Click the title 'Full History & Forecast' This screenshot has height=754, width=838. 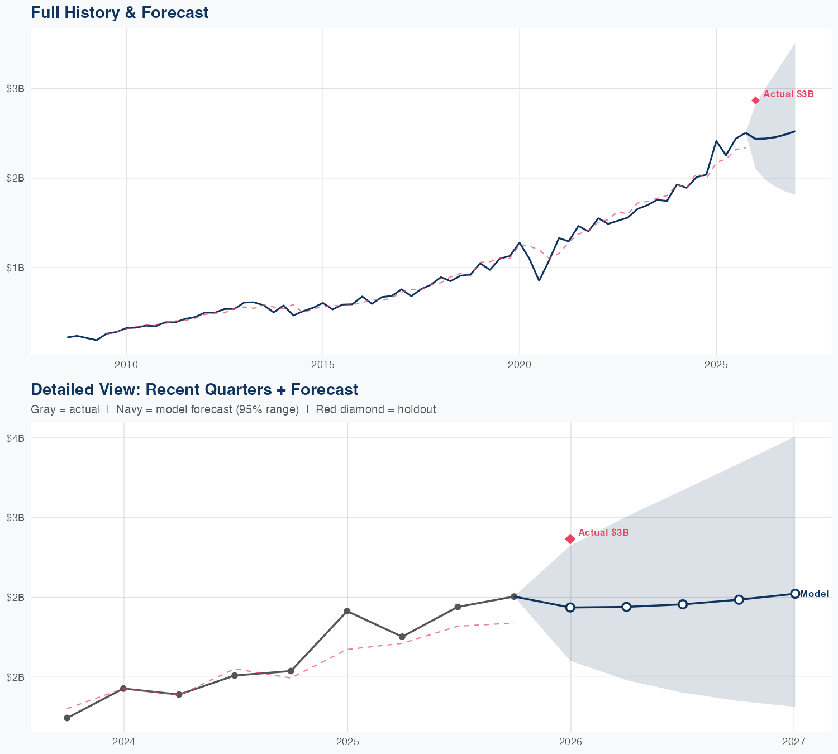coord(120,12)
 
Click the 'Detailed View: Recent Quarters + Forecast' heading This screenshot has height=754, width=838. coord(194,389)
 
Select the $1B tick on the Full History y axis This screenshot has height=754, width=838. coord(15,268)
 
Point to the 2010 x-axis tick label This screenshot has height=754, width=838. coord(126,365)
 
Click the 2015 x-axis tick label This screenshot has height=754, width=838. coord(323,365)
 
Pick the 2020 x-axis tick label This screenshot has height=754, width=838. coord(520,365)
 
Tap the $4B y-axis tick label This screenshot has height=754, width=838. coord(15,438)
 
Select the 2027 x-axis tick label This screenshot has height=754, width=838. coord(794,742)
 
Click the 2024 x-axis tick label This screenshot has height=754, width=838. coord(123,742)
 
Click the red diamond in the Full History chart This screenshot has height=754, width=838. coord(755,101)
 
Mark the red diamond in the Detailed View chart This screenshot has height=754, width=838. coord(570,538)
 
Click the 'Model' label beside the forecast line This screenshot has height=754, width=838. coord(814,594)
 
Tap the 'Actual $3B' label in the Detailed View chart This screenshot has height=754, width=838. coord(603,532)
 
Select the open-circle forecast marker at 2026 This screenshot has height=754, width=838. coord(570,607)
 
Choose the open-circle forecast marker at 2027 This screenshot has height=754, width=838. coord(794,594)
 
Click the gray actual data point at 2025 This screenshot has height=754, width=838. coord(347,611)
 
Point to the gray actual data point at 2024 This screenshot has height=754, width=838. coord(123,689)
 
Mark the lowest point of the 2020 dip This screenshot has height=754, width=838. coord(539,280)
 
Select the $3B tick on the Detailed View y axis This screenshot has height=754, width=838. coord(15,517)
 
